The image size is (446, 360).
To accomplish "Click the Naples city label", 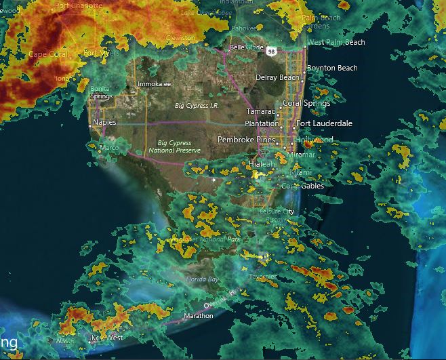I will tap(104, 122).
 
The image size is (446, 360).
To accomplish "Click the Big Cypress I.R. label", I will tap(197, 106).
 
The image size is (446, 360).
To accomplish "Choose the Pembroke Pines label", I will tap(247, 139).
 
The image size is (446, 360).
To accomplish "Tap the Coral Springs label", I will tap(306, 103).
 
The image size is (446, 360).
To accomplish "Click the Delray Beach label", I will tap(277, 78).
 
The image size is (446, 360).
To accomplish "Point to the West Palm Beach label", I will tap(336, 42).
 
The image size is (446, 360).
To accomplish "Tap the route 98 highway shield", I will tap(271, 52).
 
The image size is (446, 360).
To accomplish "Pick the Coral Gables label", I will tap(302, 186).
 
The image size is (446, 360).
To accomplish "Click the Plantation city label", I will tap(262, 123).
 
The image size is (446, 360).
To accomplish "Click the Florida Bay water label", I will tap(203, 279).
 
